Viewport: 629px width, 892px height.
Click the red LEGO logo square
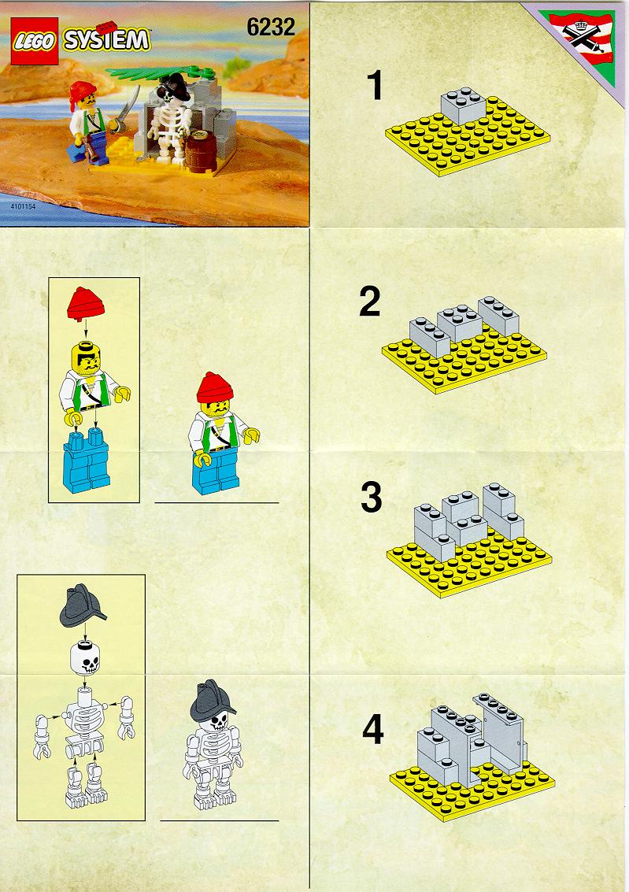[34, 41]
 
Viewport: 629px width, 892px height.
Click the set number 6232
[271, 28]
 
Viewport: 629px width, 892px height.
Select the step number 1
[375, 85]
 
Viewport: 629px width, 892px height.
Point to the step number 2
[370, 302]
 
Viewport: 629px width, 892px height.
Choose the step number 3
[372, 498]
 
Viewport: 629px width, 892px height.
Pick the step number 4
[373, 730]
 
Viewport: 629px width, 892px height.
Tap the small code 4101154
[23, 206]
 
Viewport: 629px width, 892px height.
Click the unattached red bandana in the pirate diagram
[86, 302]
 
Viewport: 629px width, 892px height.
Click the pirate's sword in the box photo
[128, 108]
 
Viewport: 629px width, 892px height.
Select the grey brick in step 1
[464, 105]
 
